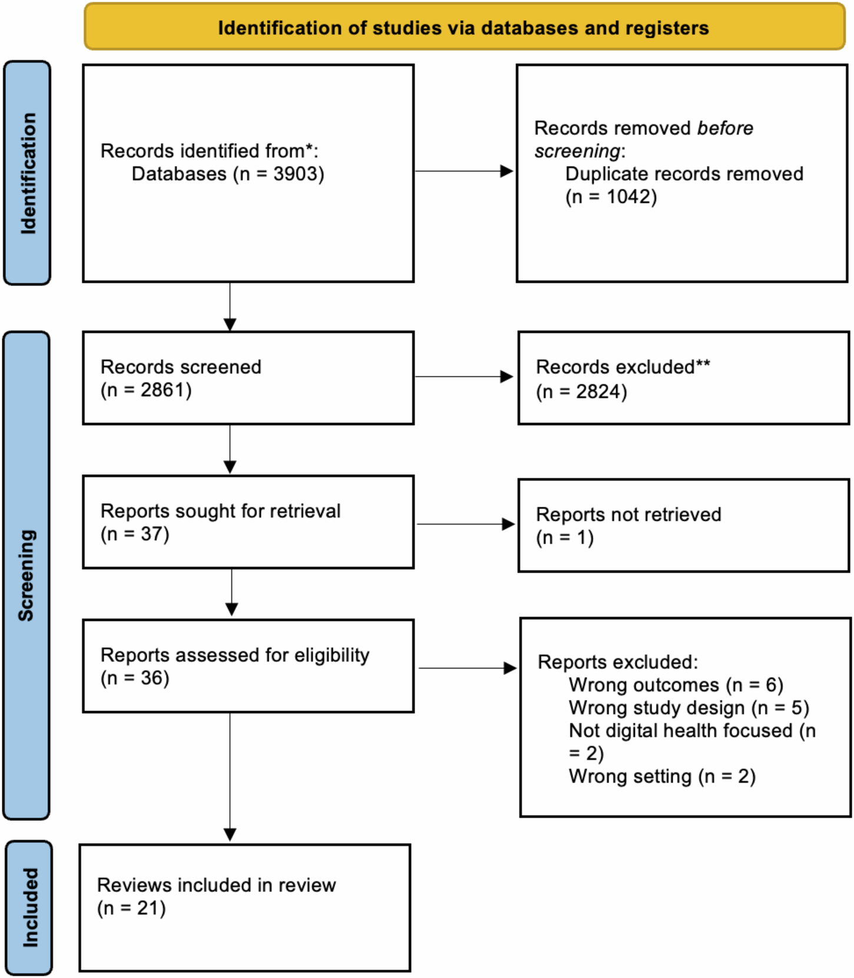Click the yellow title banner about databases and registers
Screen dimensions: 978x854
pyautogui.click(x=464, y=28)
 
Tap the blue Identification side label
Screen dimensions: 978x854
pyautogui.click(x=28, y=173)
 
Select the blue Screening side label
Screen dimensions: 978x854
pyautogui.click(x=27, y=575)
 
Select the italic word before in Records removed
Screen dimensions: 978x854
pyautogui.click(x=725, y=128)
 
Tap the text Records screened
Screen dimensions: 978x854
pyautogui.click(x=181, y=367)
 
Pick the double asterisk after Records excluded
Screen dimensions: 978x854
pyautogui.click(x=703, y=365)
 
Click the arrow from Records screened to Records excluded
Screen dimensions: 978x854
pyautogui.click(x=464, y=376)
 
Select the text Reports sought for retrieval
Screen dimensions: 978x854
pyautogui.click(x=220, y=511)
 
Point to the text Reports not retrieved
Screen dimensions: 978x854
pyautogui.click(x=628, y=514)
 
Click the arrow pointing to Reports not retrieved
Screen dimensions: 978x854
pyautogui.click(x=465, y=524)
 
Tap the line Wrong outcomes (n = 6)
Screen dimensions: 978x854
pyautogui.click(x=676, y=685)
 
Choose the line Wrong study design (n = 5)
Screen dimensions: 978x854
pyautogui.click(x=689, y=708)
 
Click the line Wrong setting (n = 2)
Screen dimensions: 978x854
pyautogui.click(x=661, y=777)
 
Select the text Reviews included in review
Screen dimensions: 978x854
pyautogui.click(x=216, y=885)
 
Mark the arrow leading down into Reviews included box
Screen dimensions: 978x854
pyautogui.click(x=230, y=778)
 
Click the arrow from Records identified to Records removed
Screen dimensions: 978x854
pyautogui.click(x=464, y=171)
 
